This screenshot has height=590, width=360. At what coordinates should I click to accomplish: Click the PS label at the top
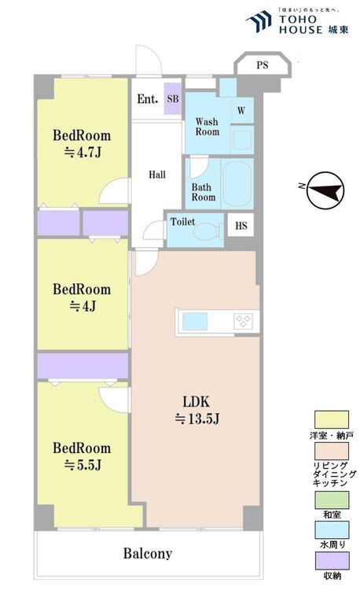[x=263, y=65]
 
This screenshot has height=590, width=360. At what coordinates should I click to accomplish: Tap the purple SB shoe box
[x=173, y=99]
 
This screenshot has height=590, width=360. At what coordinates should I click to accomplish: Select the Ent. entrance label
[x=147, y=99]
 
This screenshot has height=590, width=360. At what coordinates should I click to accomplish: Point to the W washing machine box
[x=241, y=111]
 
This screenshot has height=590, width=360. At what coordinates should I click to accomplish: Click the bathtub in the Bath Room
[x=237, y=183]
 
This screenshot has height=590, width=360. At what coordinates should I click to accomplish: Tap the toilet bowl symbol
[x=206, y=231]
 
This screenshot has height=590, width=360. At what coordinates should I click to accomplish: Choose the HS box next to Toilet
[x=241, y=226]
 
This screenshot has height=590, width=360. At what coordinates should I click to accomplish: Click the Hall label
[x=157, y=175]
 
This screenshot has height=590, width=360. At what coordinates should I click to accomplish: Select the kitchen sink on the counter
[x=195, y=321]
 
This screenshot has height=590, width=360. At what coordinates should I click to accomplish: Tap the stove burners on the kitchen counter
[x=244, y=321]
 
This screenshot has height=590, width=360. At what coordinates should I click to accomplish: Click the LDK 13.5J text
[x=197, y=410]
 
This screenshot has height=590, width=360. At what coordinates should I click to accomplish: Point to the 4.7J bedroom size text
[x=83, y=153]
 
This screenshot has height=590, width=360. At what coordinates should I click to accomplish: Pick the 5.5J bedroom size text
[x=83, y=466]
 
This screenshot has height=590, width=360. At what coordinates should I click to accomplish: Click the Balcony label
[x=148, y=553]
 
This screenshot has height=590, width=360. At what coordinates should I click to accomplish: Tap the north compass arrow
[x=325, y=190]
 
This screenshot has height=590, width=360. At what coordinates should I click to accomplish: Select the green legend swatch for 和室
[x=332, y=500]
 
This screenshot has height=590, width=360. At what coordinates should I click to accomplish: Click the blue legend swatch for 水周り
[x=332, y=529]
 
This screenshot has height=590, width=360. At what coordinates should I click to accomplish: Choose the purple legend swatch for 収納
[x=332, y=561]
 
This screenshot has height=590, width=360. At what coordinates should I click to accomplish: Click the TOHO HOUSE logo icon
[x=259, y=21]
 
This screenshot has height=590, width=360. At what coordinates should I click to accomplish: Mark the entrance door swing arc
[x=153, y=51]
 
